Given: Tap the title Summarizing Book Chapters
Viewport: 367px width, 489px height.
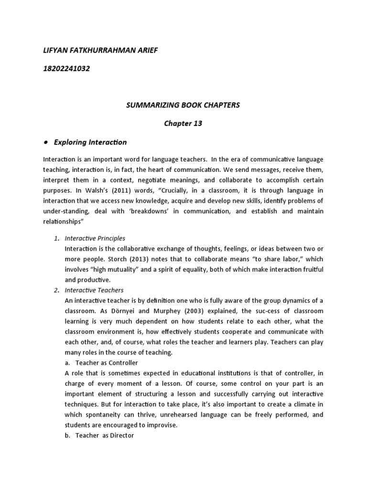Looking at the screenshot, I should pos(183,105).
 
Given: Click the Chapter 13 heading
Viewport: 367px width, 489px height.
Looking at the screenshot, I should pos(183,123).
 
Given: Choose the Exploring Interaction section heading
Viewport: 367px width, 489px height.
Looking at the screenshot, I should pos(97,142).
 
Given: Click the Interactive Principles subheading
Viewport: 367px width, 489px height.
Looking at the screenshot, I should pos(95,238).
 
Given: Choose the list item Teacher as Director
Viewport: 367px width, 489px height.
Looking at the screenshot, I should pos(105,435).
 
